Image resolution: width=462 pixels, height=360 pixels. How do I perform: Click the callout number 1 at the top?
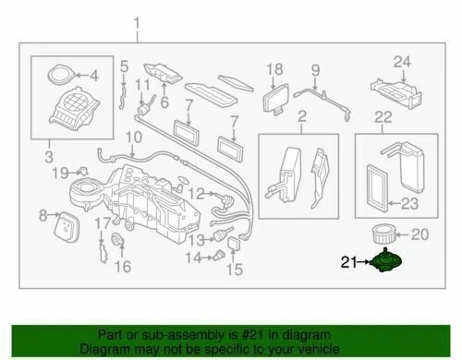coord(139,22)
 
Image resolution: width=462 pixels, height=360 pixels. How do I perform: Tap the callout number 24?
coord(400,63)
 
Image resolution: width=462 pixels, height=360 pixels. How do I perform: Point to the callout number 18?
coord(274,69)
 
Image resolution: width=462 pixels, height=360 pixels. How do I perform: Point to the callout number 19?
coord(59,173)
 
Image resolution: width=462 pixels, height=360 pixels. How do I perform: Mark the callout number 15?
coord(234,270)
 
